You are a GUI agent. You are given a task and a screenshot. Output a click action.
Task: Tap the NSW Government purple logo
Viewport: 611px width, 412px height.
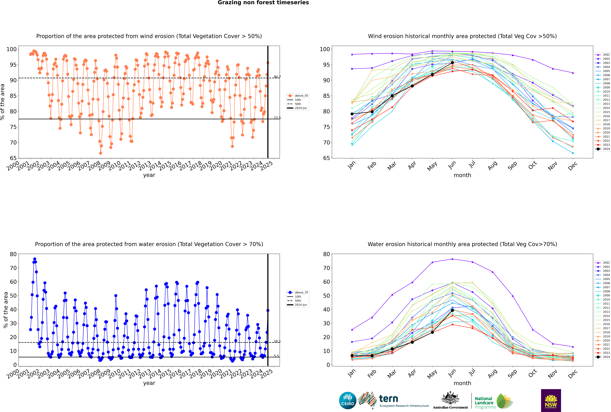click(x=551, y=400)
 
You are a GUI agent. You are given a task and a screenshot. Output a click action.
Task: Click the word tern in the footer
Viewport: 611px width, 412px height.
click(x=389, y=399)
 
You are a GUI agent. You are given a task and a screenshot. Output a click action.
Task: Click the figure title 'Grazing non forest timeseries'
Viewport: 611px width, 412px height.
click(x=263, y=3)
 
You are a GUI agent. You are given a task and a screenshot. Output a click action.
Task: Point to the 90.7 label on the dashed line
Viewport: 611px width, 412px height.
click(x=277, y=77)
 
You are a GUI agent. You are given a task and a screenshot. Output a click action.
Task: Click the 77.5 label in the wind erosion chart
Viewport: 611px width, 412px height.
click(x=277, y=118)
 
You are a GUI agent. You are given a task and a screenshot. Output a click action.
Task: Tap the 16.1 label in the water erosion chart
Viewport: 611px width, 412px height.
click(x=277, y=341)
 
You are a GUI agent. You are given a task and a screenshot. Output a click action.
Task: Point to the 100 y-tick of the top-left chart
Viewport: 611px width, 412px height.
click(x=12, y=49)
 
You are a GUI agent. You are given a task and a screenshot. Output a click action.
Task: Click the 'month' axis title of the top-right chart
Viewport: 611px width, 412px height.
click(x=462, y=175)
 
